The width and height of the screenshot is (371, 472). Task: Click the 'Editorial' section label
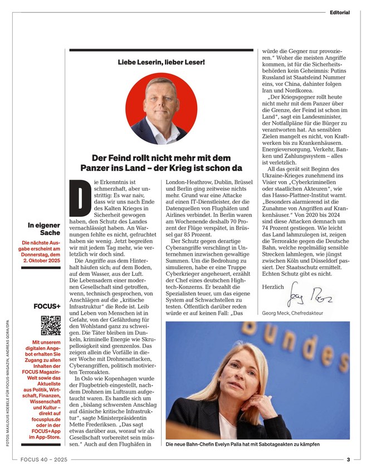[339, 12]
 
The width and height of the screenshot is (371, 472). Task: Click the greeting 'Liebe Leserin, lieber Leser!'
[161, 61]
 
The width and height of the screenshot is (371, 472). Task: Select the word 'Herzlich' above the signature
[272, 286]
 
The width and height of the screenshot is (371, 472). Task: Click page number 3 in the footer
[348, 460]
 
